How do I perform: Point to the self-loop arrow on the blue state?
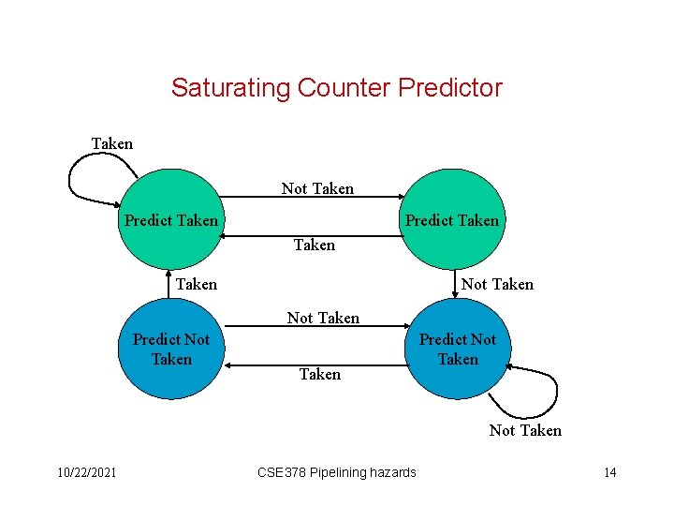click(524, 398)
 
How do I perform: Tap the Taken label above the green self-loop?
click(111, 143)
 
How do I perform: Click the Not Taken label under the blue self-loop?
click(525, 430)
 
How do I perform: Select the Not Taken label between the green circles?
click(317, 188)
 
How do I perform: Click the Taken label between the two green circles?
click(314, 245)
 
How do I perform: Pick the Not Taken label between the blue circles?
click(323, 318)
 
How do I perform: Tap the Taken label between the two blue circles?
click(319, 374)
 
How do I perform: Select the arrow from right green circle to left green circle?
click(314, 236)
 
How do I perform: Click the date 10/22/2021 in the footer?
click(84, 472)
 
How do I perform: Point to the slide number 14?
click(609, 472)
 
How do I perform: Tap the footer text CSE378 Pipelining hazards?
click(336, 472)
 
